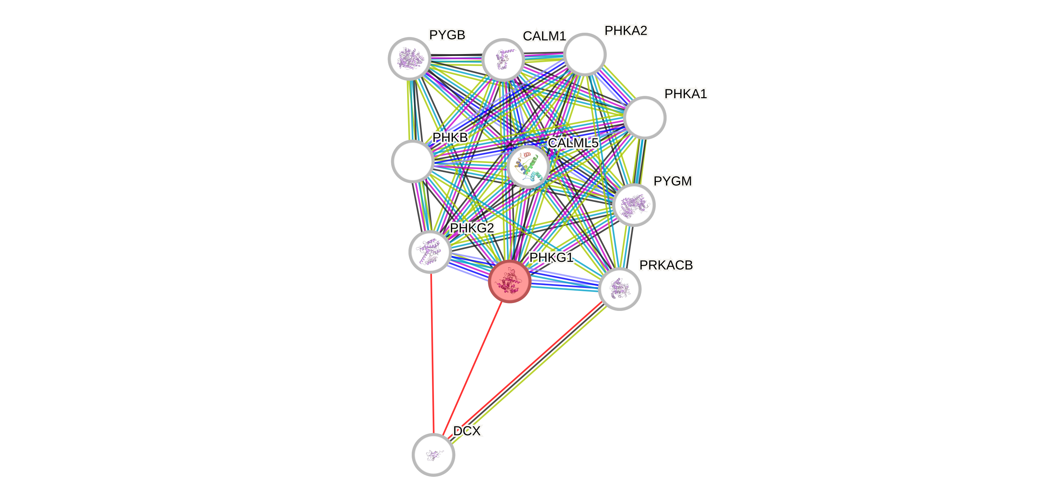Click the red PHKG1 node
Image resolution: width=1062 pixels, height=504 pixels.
pos(509,281)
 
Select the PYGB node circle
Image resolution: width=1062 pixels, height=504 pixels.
pos(409,59)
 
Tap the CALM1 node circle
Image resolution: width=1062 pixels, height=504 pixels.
pos(503,60)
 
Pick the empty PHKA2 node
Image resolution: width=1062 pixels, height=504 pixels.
pos(585,54)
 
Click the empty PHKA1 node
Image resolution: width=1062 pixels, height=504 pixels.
pos(644,117)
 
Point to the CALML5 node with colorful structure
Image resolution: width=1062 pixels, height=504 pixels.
pos(528,166)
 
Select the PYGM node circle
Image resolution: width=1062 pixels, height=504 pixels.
pos(634,205)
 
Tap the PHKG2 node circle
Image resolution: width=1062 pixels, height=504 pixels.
pos(430,251)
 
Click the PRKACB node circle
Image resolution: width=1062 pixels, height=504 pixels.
pos(619,289)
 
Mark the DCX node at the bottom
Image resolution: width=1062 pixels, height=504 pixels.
pos(433,455)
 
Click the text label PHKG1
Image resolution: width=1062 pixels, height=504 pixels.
pos(551,258)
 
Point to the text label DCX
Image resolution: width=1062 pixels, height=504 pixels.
pos(467,431)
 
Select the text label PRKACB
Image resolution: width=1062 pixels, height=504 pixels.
pos(666,265)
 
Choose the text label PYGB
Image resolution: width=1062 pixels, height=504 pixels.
pos(447,35)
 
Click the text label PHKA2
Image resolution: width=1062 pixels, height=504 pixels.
pos(626,30)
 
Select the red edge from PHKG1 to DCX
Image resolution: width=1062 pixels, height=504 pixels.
pos(472,368)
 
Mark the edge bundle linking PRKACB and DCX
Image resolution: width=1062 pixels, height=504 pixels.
pos(528,371)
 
